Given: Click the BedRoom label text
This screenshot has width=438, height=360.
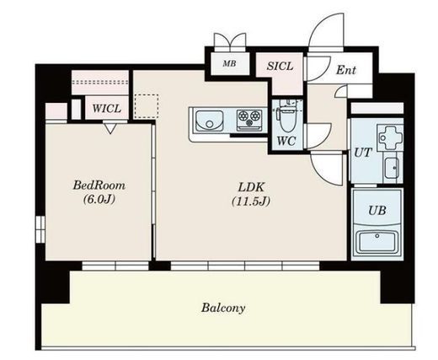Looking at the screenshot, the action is tap(99, 185).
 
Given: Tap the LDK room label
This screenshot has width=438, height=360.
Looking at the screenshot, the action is tap(251, 187).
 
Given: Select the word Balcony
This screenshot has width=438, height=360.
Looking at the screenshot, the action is tap(223, 308).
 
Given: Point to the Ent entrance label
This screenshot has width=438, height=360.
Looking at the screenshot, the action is tap(346, 70).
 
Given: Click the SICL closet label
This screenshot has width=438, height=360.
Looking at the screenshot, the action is tap(280, 67).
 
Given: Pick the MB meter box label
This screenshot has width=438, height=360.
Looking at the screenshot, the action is tap(229, 64).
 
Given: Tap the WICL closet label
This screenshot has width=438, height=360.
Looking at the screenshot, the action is tap(107, 109).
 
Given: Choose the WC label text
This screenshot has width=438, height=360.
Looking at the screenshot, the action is tap(286, 141).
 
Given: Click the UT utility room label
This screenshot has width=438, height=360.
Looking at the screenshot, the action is tap(363, 153).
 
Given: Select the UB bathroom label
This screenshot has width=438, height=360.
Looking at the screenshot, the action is tap(377, 211).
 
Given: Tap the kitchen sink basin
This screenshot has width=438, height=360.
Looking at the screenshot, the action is tap(210, 121).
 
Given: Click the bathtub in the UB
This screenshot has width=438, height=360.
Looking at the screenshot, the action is tap(377, 242).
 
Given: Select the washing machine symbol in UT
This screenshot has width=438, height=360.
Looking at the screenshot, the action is tap(390, 138).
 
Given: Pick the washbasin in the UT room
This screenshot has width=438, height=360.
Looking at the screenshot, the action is tap(393, 168).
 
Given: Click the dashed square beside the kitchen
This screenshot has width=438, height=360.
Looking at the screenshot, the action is tap(147, 106).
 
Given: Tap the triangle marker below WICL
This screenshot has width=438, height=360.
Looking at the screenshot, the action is tap(110, 129).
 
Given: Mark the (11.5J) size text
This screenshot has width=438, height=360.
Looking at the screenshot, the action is tap(251, 201).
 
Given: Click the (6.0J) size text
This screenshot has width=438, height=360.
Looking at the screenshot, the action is tap(99, 199).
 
